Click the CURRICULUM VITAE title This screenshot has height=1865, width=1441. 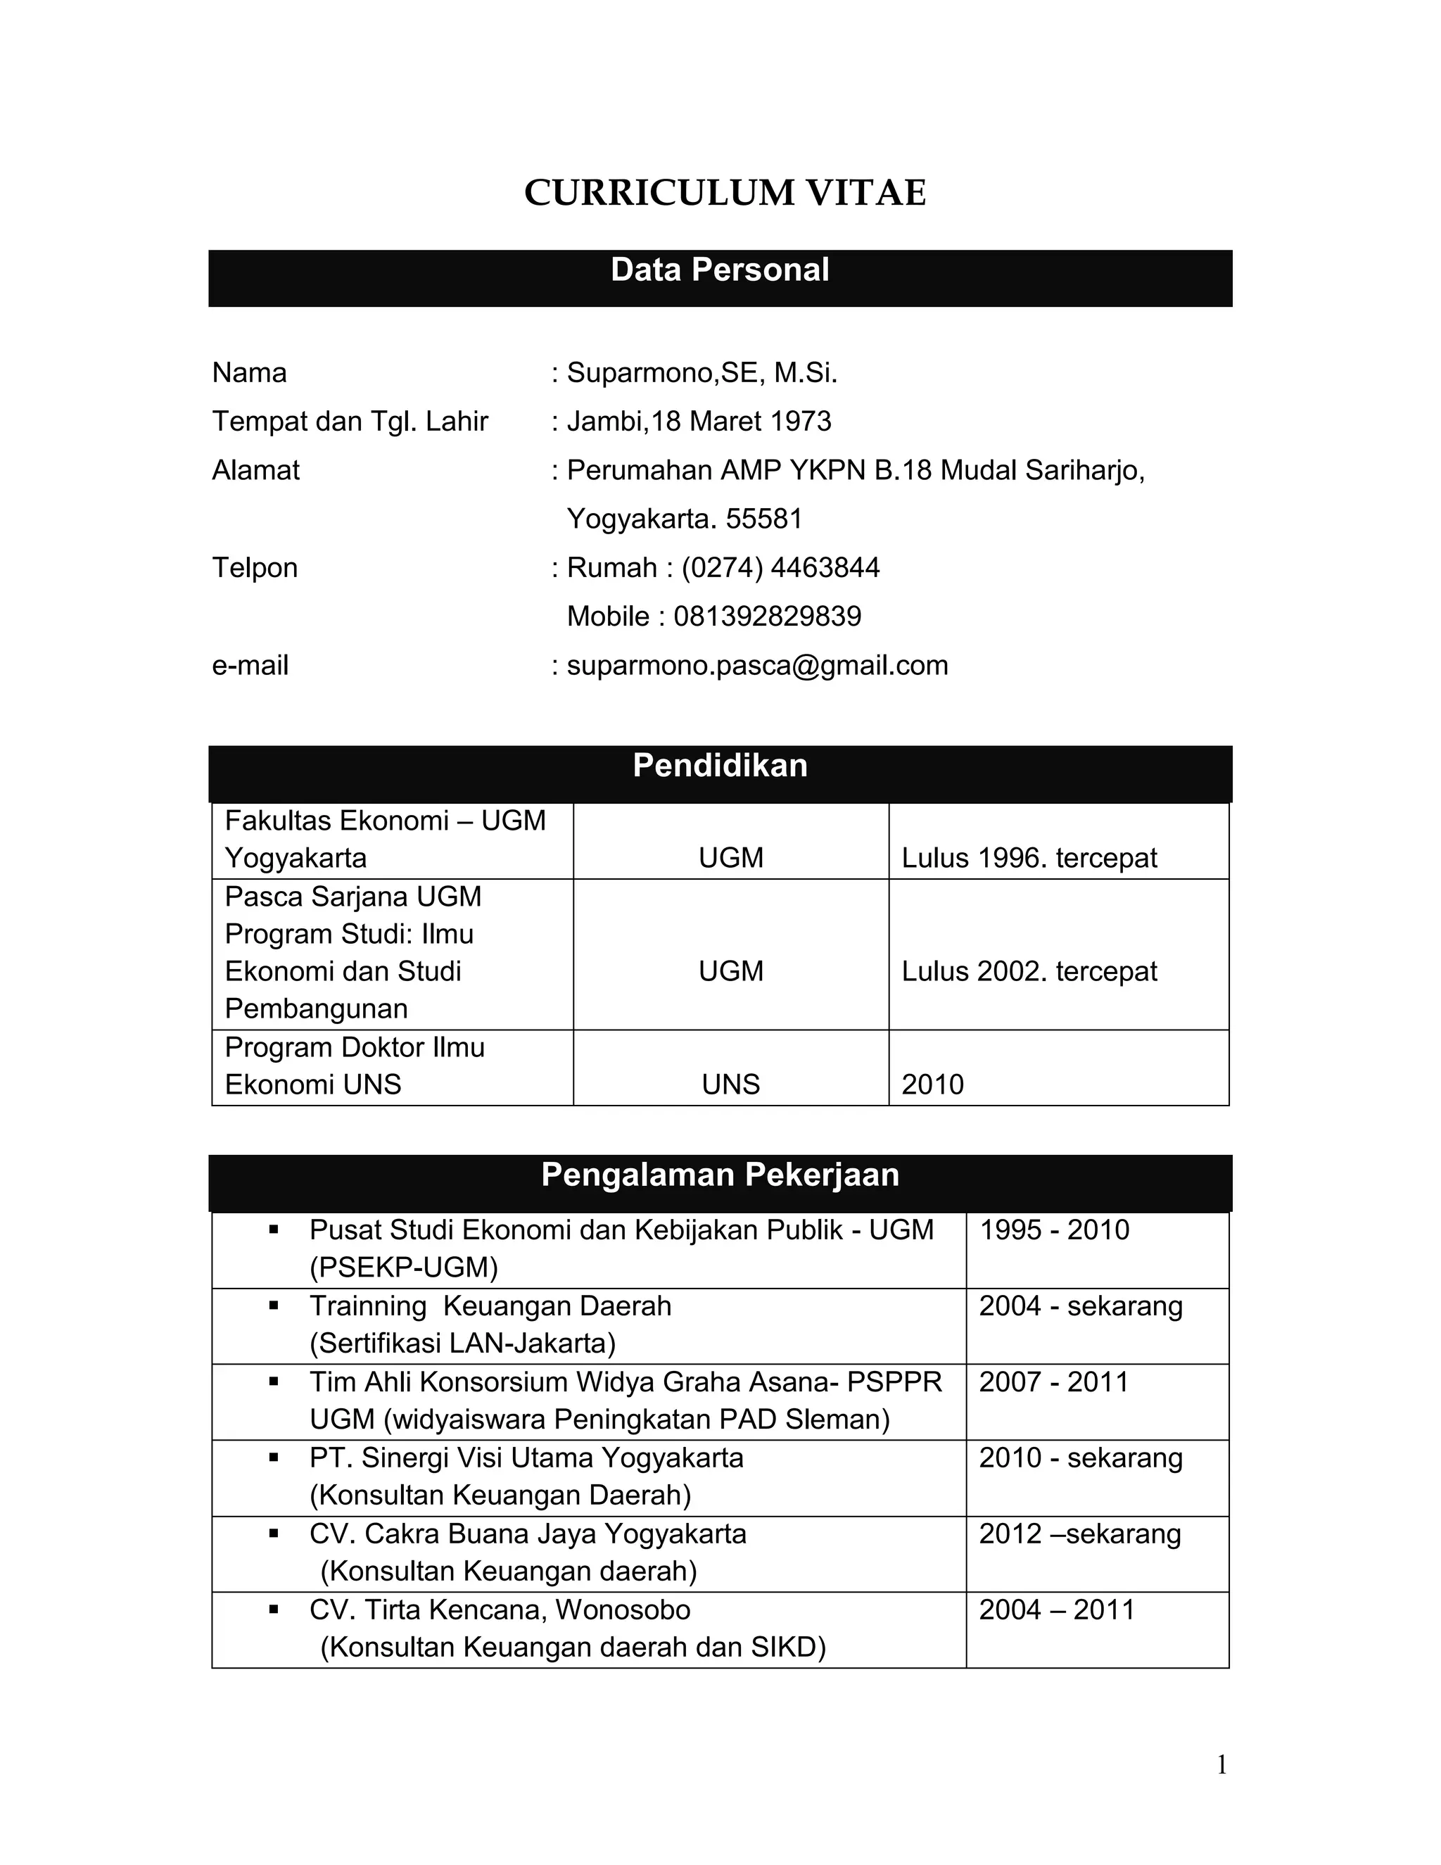click(x=724, y=193)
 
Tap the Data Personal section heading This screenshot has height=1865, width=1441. click(x=720, y=270)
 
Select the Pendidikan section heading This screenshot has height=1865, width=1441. click(x=720, y=765)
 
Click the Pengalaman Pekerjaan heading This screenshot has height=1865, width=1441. click(x=720, y=1175)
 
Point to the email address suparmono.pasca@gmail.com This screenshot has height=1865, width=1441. click(x=757, y=665)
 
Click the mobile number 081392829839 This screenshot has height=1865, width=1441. click(x=768, y=616)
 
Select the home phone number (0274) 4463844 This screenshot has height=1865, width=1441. click(x=780, y=567)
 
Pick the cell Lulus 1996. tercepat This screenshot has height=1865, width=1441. click(x=1029, y=857)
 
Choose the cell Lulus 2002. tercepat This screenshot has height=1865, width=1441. click(x=1029, y=971)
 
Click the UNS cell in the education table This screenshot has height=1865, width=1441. click(x=731, y=1085)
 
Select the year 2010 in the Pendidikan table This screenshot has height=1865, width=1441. click(x=932, y=1085)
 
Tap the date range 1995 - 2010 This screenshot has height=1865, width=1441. click(x=1053, y=1229)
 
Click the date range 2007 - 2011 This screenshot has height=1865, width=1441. click(x=1053, y=1382)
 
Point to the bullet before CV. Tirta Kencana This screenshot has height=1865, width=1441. click(x=274, y=1610)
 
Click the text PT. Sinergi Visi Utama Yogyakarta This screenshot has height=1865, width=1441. click(x=526, y=1458)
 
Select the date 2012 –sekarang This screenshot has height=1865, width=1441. click(x=1080, y=1534)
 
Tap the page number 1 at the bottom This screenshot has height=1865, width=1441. click(x=1221, y=1765)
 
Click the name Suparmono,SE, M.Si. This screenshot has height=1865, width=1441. click(x=702, y=372)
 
